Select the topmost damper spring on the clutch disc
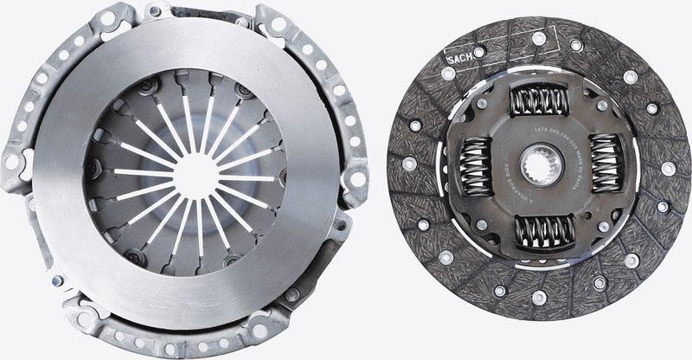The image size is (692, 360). (538, 100)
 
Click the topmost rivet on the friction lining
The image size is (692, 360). (539, 38)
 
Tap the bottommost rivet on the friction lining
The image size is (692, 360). (540, 297)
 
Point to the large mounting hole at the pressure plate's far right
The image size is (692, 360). (356, 179)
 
